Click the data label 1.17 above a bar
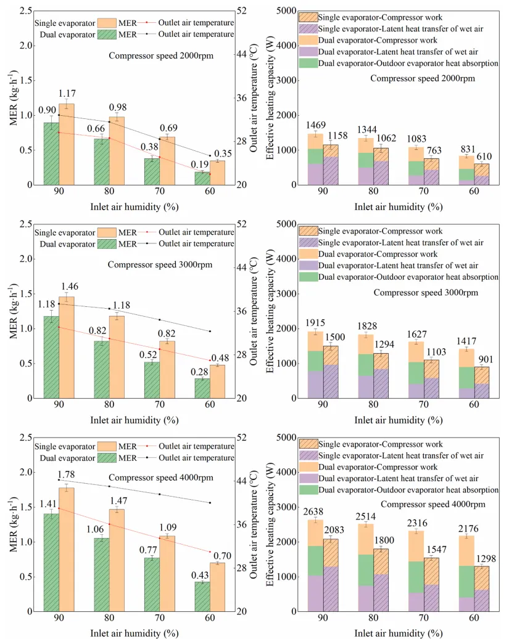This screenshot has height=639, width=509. point(67,94)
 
